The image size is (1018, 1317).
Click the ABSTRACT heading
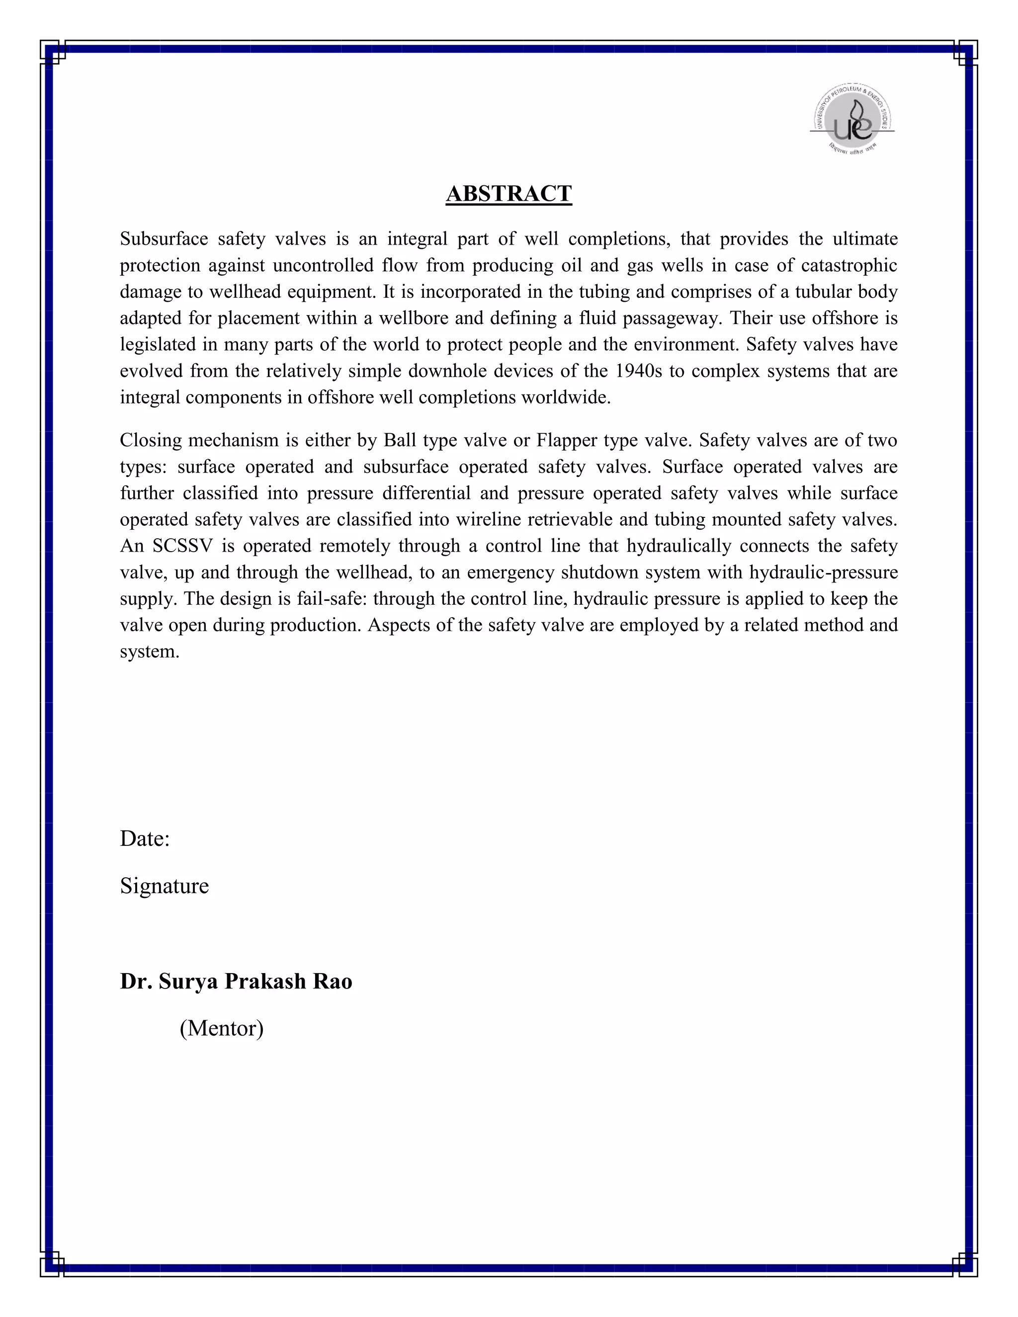(509, 193)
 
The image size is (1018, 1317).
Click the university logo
(852, 119)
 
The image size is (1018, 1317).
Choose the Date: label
(145, 838)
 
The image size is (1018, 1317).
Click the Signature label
(164, 885)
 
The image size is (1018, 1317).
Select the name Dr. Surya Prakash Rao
(236, 981)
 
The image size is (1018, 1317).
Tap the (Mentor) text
(221, 1028)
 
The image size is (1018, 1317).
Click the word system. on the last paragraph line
(150, 652)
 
